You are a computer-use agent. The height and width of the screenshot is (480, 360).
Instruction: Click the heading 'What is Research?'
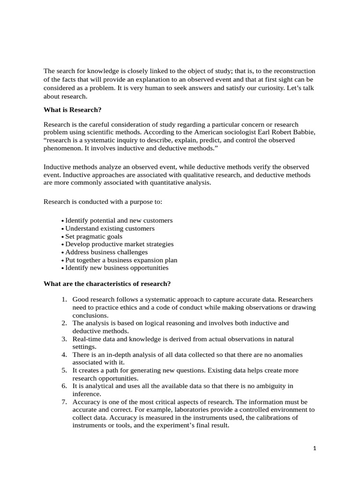72,110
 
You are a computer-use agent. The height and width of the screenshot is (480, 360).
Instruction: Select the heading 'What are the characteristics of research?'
107,284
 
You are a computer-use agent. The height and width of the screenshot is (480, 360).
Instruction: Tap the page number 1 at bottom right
315,448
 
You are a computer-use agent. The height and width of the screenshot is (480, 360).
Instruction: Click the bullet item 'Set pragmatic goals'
94,236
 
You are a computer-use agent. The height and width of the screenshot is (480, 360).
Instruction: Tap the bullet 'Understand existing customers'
110,228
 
